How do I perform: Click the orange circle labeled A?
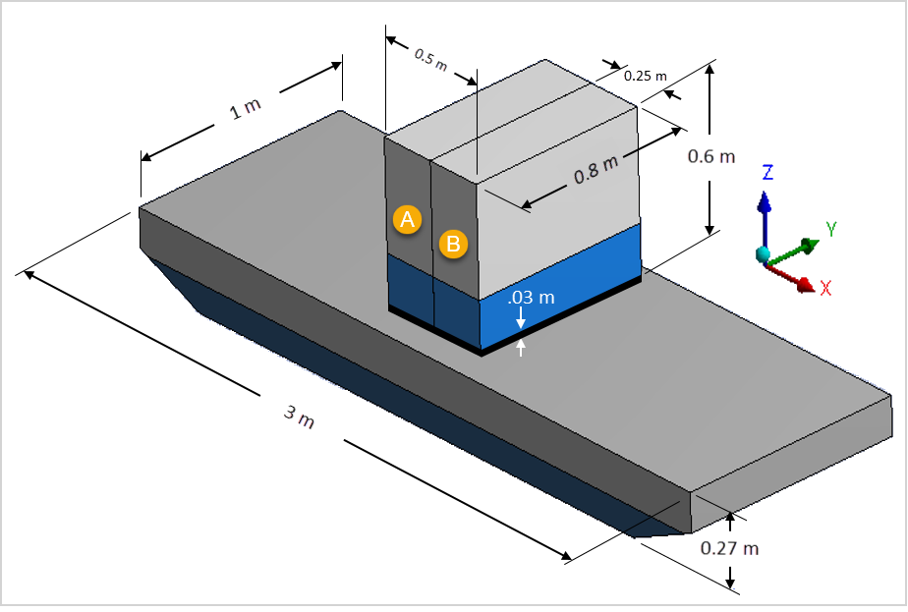pyautogui.click(x=407, y=219)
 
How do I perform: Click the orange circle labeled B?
pyautogui.click(x=453, y=244)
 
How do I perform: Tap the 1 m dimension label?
pyautogui.click(x=245, y=109)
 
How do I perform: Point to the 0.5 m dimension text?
pyautogui.click(x=430, y=61)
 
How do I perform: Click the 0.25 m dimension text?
pyautogui.click(x=647, y=75)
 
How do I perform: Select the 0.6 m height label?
pyautogui.click(x=710, y=156)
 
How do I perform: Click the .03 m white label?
pyautogui.click(x=531, y=298)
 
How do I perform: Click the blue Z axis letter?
pyautogui.click(x=767, y=173)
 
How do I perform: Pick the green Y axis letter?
pyautogui.click(x=830, y=229)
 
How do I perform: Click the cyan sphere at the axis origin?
pyautogui.click(x=764, y=255)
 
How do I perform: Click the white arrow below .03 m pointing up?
pyautogui.click(x=521, y=347)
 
